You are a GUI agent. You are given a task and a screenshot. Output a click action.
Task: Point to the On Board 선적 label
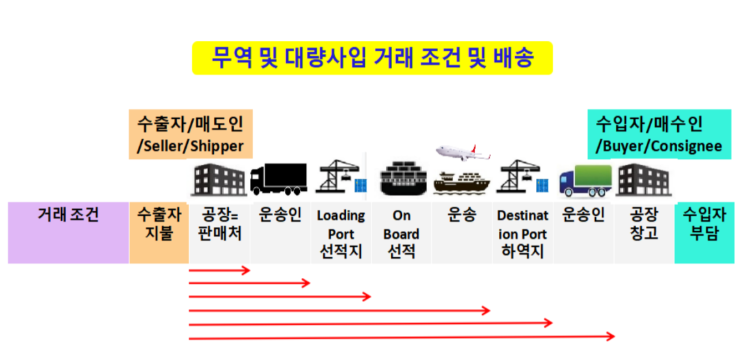(402, 231)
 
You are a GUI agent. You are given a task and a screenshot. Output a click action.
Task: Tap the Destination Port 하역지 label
(524, 231)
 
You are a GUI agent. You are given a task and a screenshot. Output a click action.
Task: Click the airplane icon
(462, 155)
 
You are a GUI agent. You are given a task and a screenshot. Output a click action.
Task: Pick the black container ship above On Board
(401, 178)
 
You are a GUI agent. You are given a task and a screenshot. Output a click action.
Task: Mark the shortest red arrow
(218, 270)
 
